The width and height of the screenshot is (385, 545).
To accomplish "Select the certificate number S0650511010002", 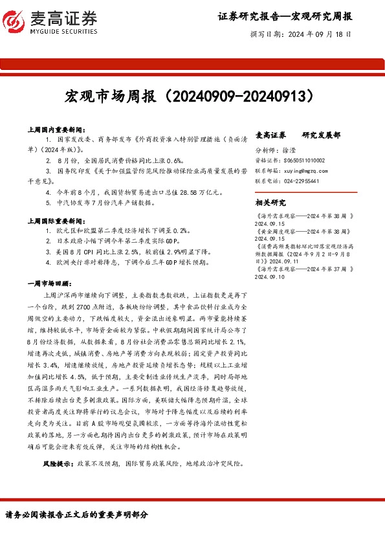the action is point(303,160).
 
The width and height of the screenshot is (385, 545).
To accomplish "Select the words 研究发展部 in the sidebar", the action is point(321,135).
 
